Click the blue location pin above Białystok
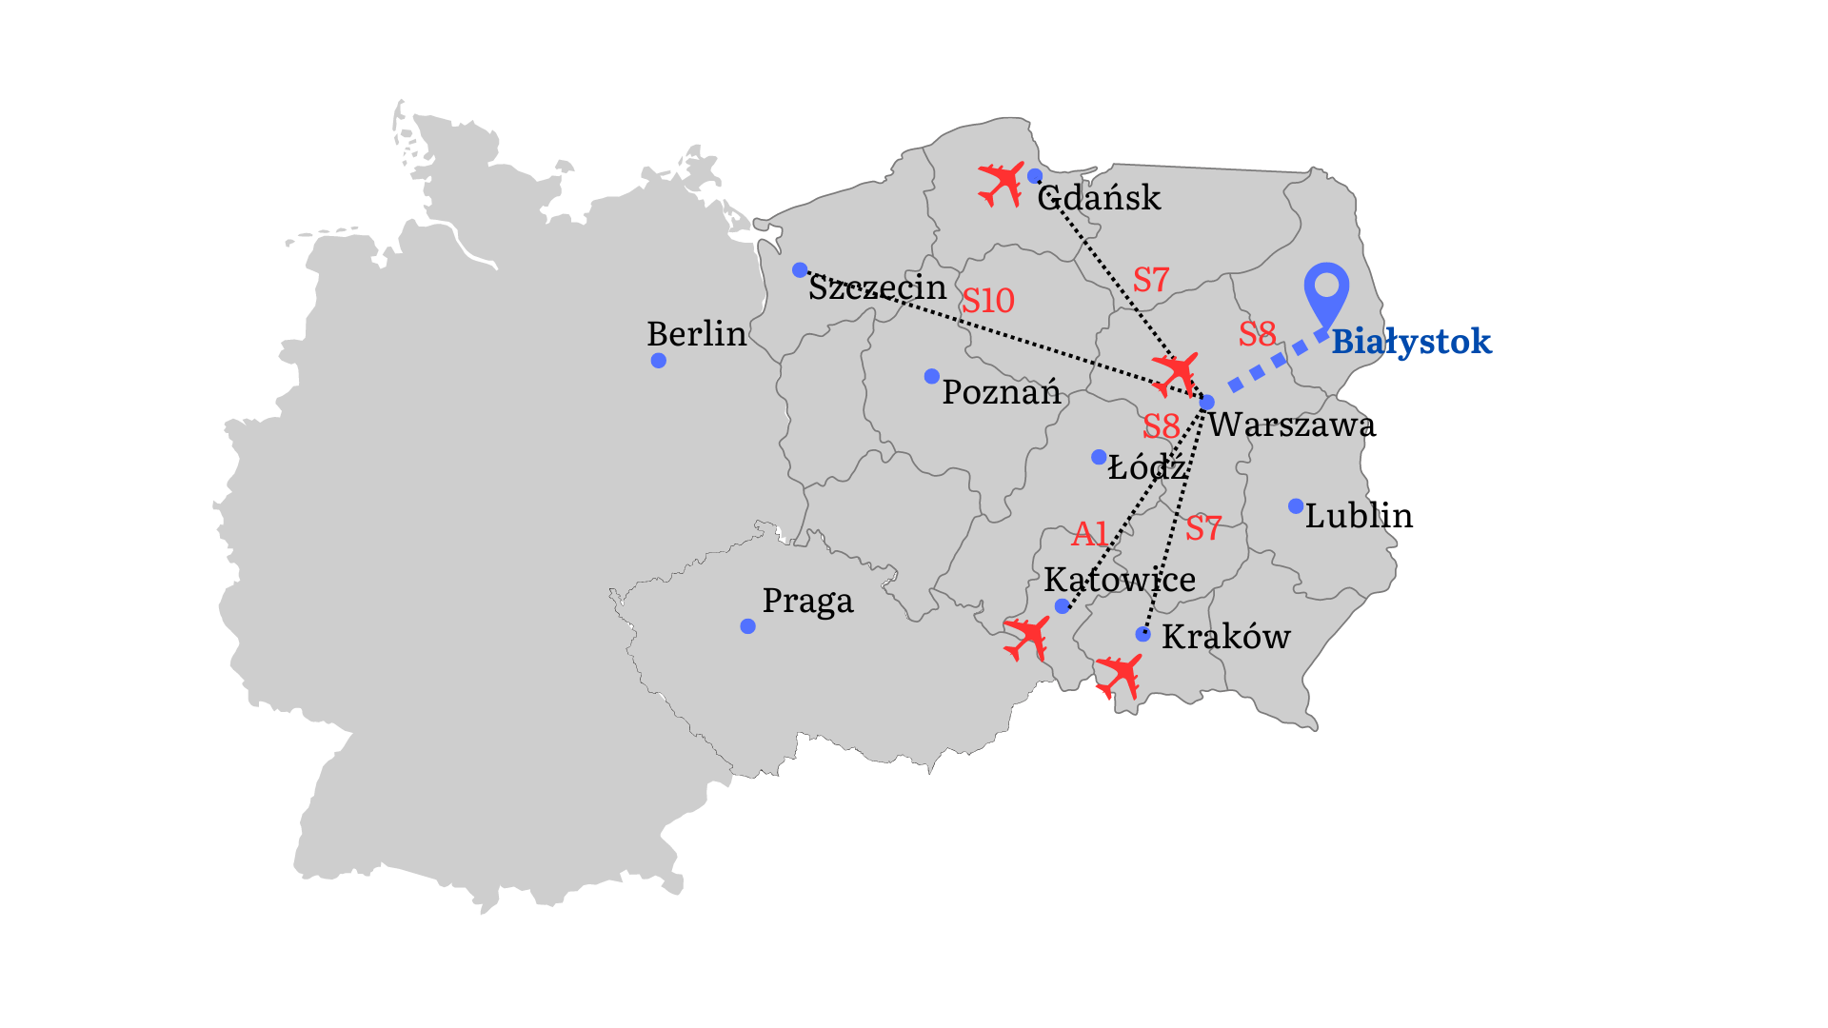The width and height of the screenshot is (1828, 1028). (x=1326, y=289)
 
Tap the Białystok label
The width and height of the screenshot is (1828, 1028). (x=1411, y=342)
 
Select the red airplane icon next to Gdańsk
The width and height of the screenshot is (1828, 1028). (x=1001, y=183)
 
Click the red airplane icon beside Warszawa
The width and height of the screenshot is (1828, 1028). (x=1175, y=373)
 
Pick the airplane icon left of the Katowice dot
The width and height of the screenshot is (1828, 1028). (x=1026, y=638)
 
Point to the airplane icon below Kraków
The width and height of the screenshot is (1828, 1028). (x=1119, y=676)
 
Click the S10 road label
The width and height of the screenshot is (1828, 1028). (x=988, y=301)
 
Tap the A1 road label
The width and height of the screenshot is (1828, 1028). (x=1090, y=534)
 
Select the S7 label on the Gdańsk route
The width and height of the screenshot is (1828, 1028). (x=1151, y=280)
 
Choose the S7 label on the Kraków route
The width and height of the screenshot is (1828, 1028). (x=1203, y=528)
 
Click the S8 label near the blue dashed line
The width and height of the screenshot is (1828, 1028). (x=1258, y=334)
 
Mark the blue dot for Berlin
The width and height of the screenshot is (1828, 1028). (x=659, y=361)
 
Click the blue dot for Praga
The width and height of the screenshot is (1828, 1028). (x=748, y=626)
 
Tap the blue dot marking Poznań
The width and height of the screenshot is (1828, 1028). (x=932, y=377)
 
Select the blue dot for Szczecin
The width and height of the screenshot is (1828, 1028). (x=800, y=270)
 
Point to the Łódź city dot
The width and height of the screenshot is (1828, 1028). (x=1099, y=458)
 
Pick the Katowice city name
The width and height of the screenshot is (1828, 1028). (x=1120, y=580)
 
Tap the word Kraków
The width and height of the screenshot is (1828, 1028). (x=1226, y=637)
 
